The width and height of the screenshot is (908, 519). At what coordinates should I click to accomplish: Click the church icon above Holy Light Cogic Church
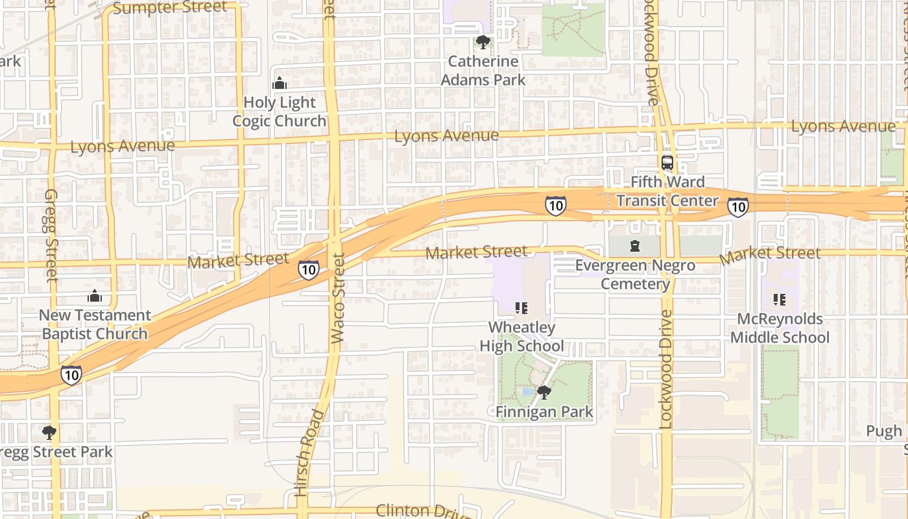[x=280, y=83]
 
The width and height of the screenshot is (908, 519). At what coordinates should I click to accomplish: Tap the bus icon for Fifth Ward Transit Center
[x=667, y=162]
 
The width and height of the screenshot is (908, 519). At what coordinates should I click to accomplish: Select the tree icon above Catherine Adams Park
[x=483, y=42]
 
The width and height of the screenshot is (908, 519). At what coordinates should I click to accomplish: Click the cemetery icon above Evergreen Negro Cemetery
[x=634, y=246]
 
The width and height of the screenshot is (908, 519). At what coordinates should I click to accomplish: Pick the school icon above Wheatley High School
[x=521, y=308]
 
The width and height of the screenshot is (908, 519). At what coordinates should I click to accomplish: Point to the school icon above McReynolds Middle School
[x=779, y=300]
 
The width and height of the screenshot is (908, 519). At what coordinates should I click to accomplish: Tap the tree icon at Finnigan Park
[x=544, y=392]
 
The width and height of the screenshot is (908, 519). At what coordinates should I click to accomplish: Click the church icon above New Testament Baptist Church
[x=95, y=296]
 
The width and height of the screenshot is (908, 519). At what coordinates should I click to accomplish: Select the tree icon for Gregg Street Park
[x=49, y=433]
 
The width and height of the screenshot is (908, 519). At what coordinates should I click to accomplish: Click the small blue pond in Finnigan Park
[x=527, y=392]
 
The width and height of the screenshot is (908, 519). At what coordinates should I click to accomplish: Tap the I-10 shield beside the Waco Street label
[x=309, y=269]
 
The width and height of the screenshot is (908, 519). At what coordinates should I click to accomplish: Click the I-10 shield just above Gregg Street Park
[x=71, y=374]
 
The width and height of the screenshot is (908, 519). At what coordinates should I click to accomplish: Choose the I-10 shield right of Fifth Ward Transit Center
[x=737, y=206]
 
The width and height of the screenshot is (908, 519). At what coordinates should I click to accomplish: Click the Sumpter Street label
[x=170, y=8]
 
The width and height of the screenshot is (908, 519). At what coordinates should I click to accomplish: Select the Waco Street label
[x=337, y=298]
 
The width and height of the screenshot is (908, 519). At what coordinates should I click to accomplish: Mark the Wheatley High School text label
[x=521, y=337]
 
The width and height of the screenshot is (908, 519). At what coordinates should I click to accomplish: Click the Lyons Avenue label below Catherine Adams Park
[x=446, y=136]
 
